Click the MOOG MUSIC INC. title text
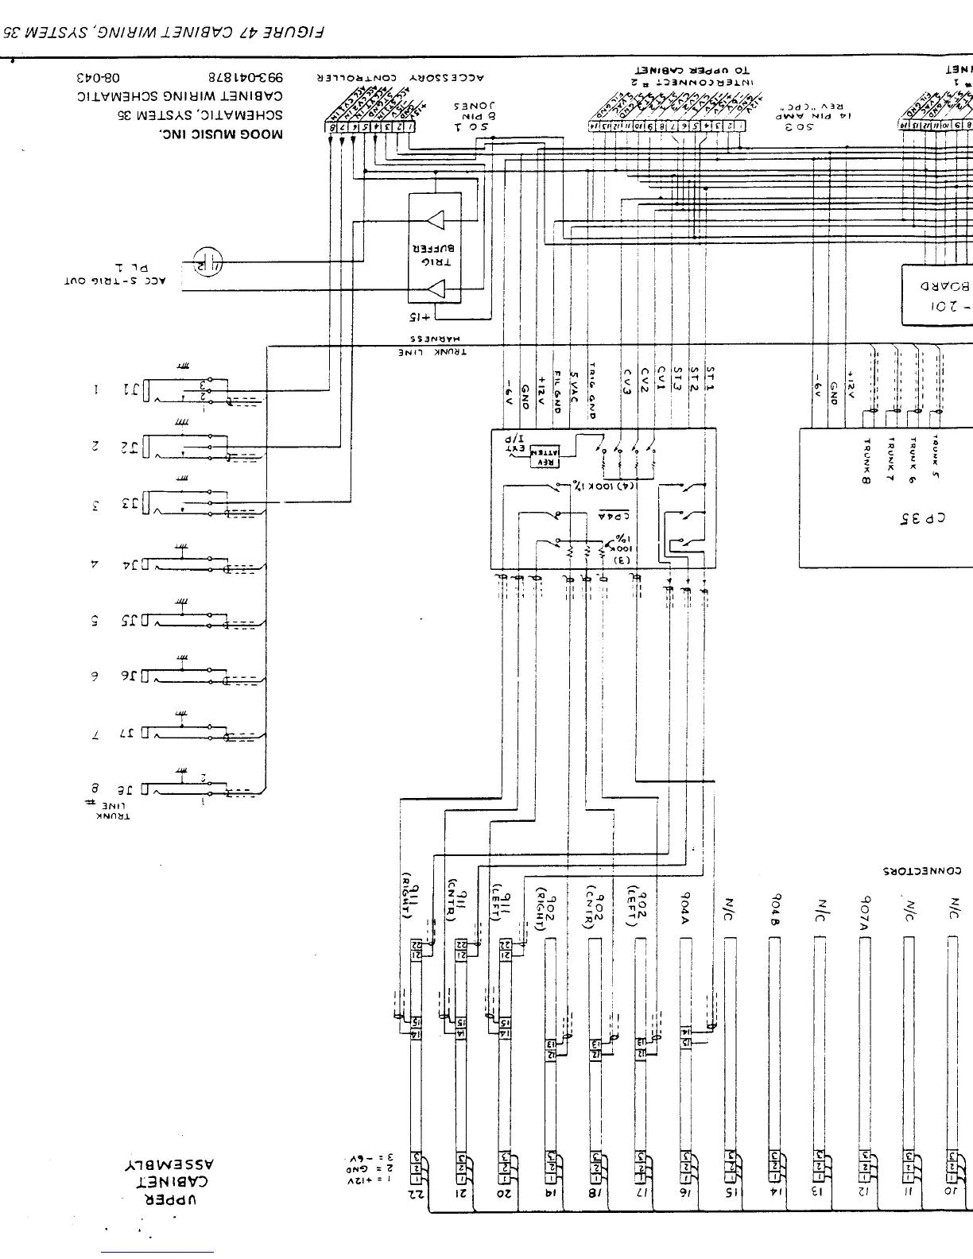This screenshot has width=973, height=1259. click(x=221, y=134)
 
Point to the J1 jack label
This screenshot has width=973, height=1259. click(x=130, y=390)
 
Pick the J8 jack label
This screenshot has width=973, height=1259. click(x=130, y=789)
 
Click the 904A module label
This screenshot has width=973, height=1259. click(x=685, y=904)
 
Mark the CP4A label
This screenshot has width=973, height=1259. click(x=613, y=514)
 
